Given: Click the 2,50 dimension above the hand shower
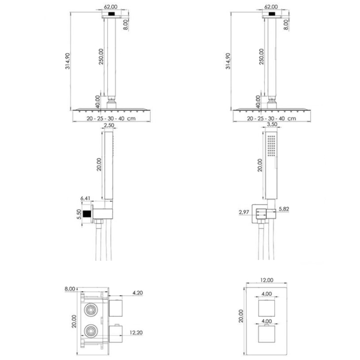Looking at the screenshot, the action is (109, 125).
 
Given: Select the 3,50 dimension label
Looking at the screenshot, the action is (272, 125).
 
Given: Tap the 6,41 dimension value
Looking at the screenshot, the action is (85, 198).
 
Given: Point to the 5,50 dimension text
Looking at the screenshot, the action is (79, 214).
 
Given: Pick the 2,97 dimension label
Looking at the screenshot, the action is (243, 212).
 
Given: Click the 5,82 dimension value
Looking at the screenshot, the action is (284, 209).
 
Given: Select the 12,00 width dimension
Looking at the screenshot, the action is (266, 280).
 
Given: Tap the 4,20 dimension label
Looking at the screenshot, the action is (137, 293).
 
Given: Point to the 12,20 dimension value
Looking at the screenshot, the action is (136, 333).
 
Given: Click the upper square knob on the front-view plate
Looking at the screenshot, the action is (266, 308).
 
